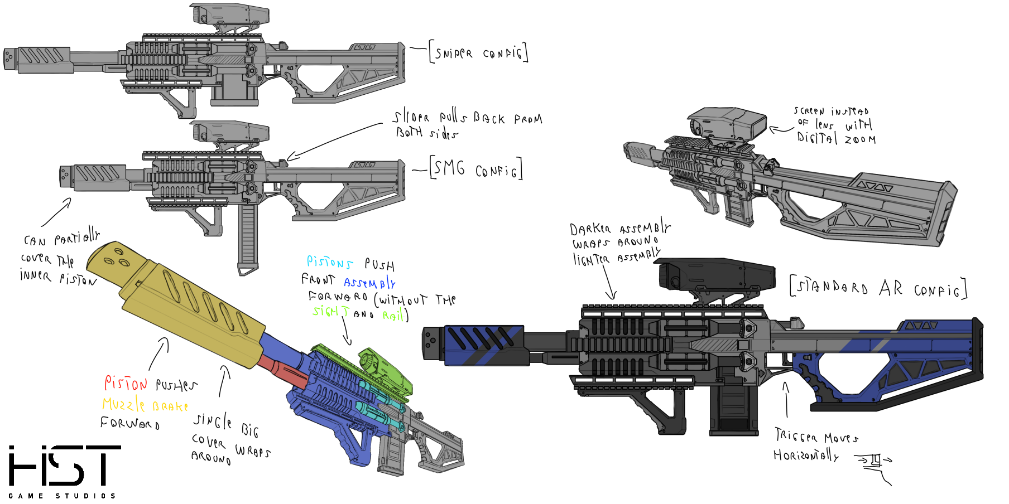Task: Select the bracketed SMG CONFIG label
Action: (476, 169)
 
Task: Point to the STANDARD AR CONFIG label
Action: (878, 288)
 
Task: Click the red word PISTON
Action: (126, 384)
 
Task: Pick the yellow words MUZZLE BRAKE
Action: (145, 405)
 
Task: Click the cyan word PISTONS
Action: (329, 263)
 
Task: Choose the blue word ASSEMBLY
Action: (369, 283)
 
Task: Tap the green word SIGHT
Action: (330, 311)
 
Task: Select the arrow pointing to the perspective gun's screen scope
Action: (781, 130)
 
